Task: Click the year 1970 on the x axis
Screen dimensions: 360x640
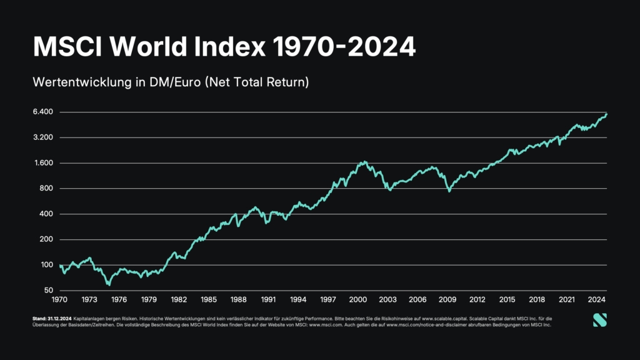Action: point(60,299)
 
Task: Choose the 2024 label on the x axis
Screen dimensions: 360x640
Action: point(597,299)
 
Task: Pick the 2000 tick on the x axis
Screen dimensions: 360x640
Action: point(358,299)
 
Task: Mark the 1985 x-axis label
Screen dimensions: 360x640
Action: point(209,299)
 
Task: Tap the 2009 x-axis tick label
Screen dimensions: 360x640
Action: point(448,299)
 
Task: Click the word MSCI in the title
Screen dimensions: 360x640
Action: point(66,46)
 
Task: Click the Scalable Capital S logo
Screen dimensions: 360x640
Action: point(599,320)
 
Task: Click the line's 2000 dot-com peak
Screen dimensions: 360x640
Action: point(364,162)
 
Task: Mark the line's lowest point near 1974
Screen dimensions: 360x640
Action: point(109,284)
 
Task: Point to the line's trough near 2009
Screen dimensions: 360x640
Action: point(449,191)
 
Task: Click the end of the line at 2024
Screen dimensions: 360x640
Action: point(607,114)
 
